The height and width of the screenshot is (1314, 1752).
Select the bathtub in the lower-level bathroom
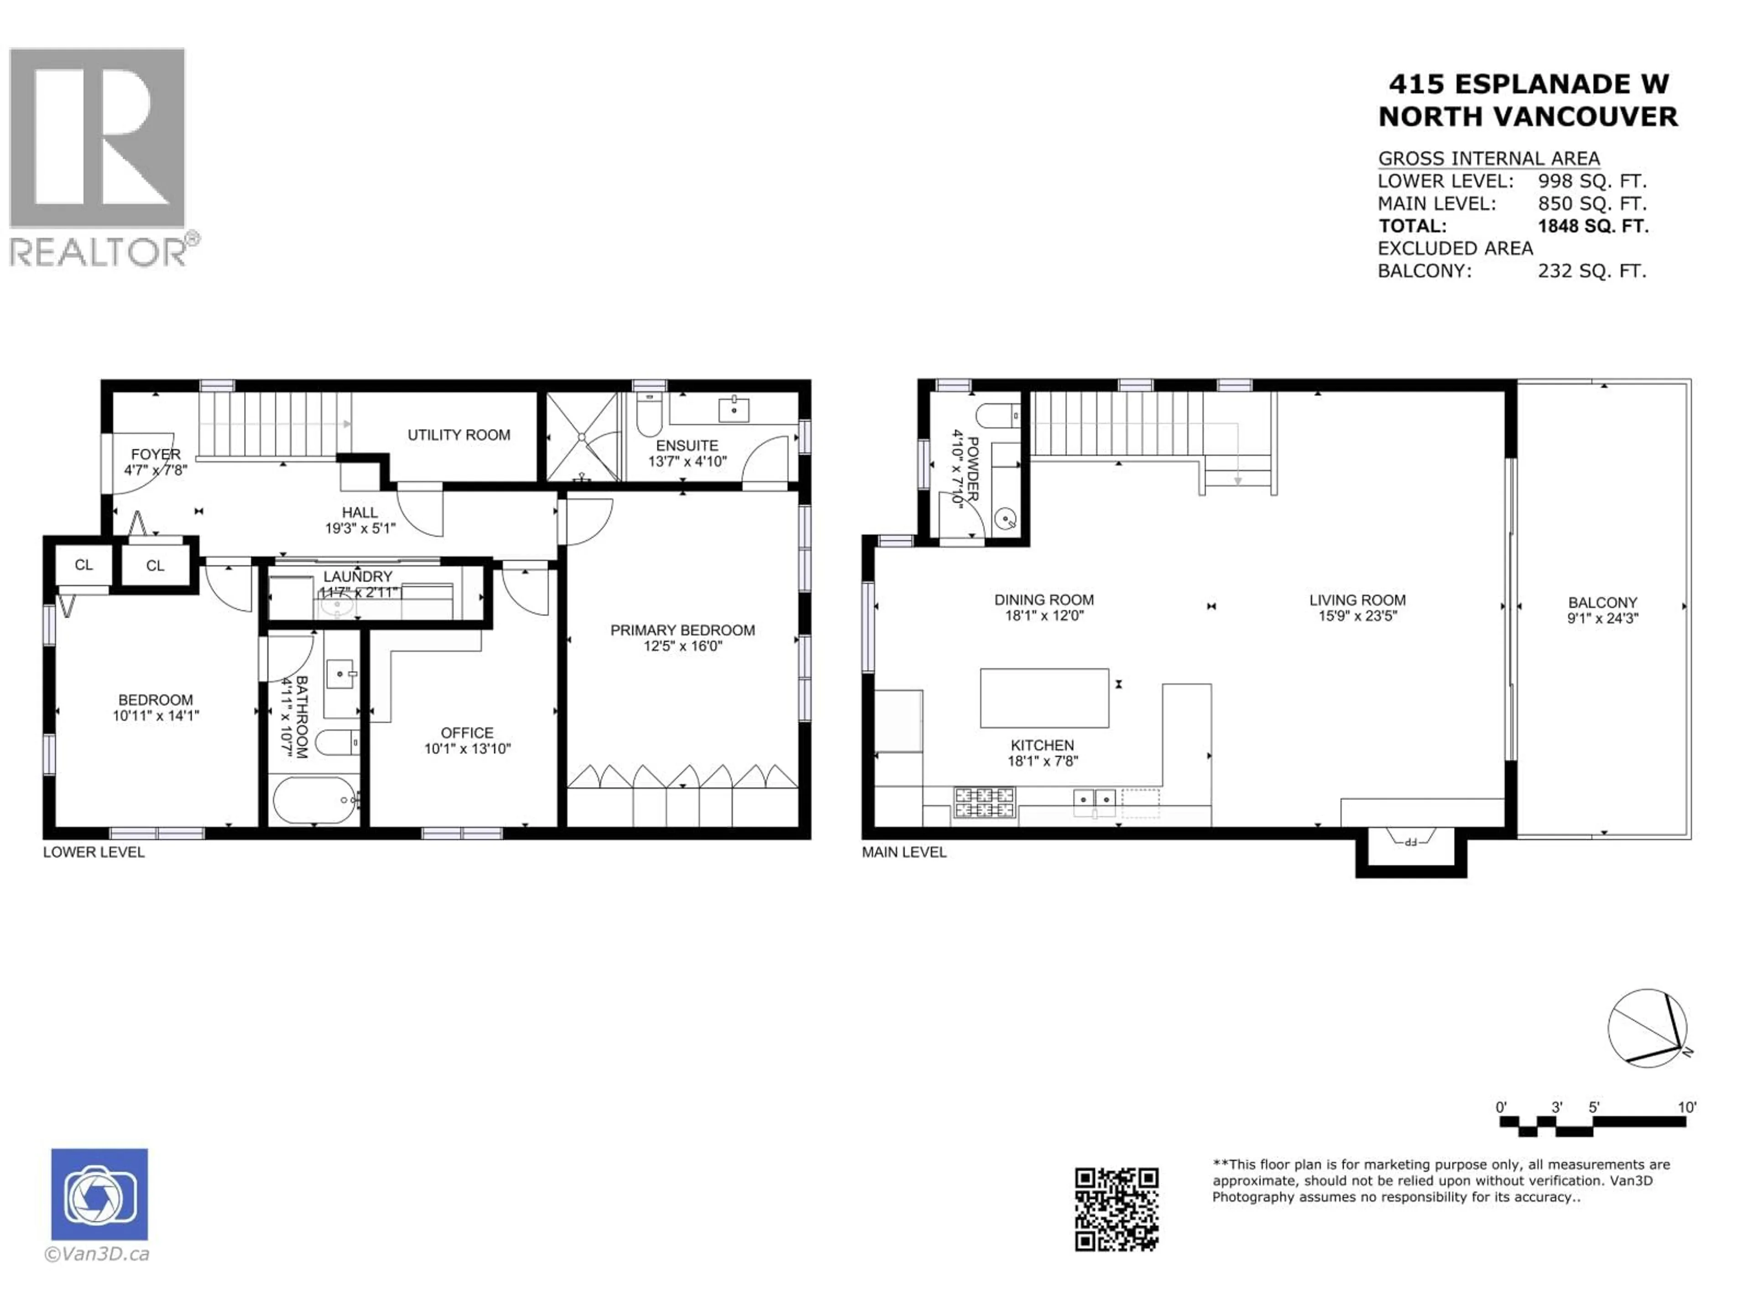[x=314, y=800]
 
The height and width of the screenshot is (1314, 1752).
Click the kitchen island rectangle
[x=1044, y=698]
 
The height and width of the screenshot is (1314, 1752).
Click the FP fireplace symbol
[x=1411, y=840]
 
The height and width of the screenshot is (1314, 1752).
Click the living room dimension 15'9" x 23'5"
[x=1357, y=616]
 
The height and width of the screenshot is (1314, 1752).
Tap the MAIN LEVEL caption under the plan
[x=904, y=852]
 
